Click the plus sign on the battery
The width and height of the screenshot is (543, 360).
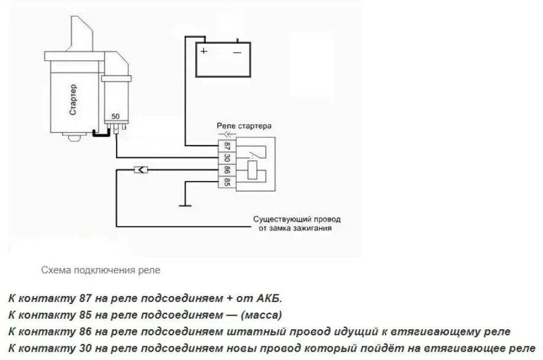coord(204,51)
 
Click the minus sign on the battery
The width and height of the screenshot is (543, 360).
coord(237,51)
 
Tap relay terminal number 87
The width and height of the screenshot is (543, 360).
coord(227,145)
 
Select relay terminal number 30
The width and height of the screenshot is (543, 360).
coord(227,158)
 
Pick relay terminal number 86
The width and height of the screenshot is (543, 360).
coord(227,171)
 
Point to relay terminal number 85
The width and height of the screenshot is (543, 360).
coord(227,183)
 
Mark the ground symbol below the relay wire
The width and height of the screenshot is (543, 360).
coord(186,205)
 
